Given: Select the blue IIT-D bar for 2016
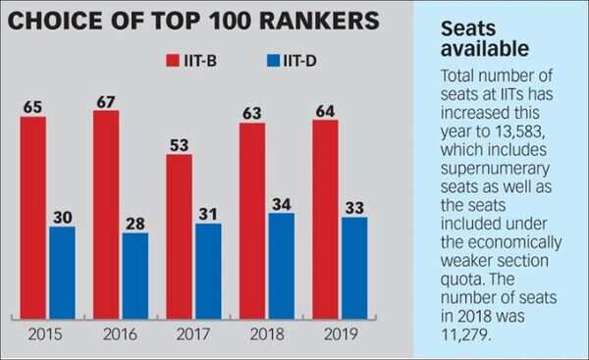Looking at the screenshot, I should (134, 275).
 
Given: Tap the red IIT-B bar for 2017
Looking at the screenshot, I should (180, 235).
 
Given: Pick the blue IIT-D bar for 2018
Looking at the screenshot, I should (280, 265).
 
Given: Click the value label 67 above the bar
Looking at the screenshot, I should (106, 100).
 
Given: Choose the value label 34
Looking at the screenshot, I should (280, 203).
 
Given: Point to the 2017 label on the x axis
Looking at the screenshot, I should (193, 335).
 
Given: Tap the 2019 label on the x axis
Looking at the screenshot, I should (339, 335).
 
